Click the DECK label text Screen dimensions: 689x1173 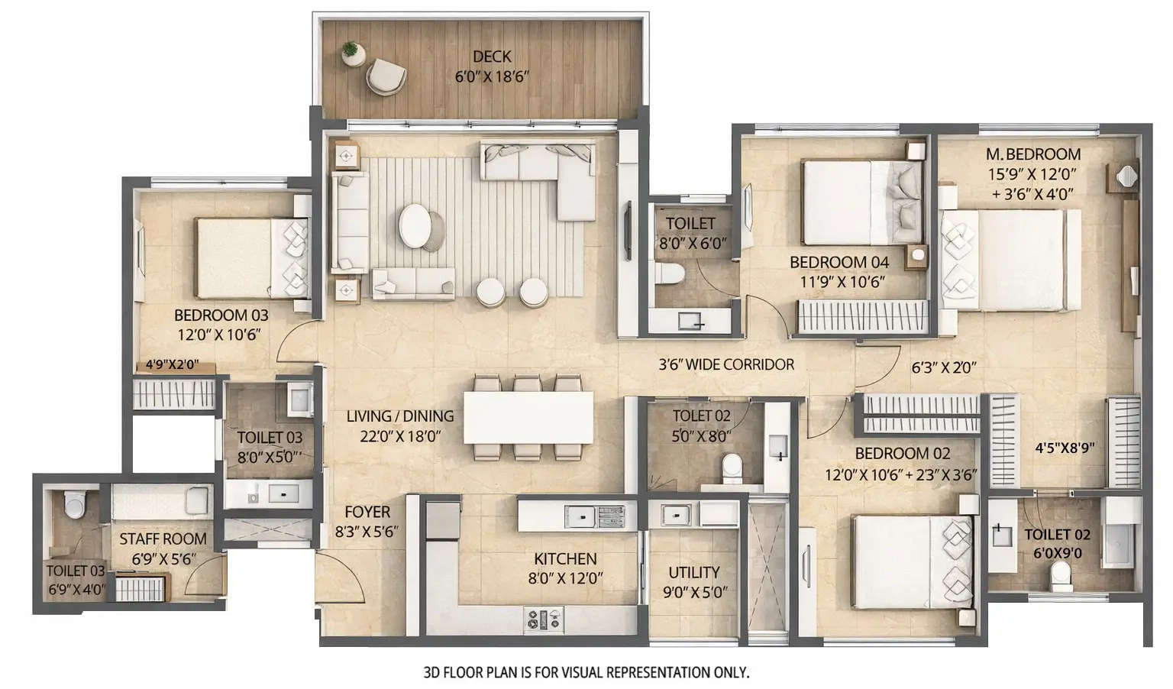pos(492,57)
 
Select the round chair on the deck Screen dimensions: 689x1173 pos(386,76)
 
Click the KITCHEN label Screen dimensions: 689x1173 pos(565,559)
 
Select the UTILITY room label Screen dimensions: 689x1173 pos(693,572)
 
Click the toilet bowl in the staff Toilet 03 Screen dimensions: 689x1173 pos(75,503)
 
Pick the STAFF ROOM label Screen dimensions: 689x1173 pos(163,539)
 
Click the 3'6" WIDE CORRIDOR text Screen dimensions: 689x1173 pos(725,364)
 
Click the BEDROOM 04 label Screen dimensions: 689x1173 pos(839,263)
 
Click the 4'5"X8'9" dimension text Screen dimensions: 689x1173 pos(1065,448)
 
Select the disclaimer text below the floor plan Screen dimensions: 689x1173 pos(586,673)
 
